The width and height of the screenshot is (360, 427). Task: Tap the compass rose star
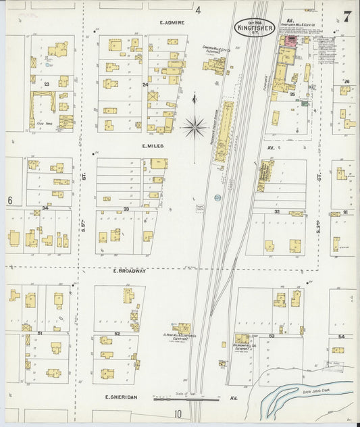pyautogui.click(x=195, y=126)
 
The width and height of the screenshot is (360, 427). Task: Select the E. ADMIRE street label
pyautogui.click(x=172, y=22)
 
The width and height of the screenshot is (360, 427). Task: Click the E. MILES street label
pyautogui.click(x=153, y=145)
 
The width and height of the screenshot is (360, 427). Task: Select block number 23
pyautogui.click(x=47, y=84)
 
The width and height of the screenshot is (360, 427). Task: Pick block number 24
pyautogui.click(x=145, y=85)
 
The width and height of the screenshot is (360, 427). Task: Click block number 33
pyautogui.click(x=126, y=209)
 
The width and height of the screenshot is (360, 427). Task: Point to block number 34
pyautogui.click(x=45, y=208)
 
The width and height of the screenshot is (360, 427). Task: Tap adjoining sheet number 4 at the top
pyautogui.click(x=198, y=10)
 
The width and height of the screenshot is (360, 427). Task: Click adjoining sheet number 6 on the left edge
pyautogui.click(x=10, y=201)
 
